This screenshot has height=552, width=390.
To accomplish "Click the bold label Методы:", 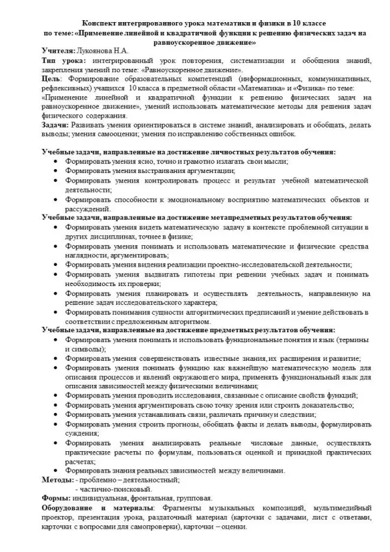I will [56, 479].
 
